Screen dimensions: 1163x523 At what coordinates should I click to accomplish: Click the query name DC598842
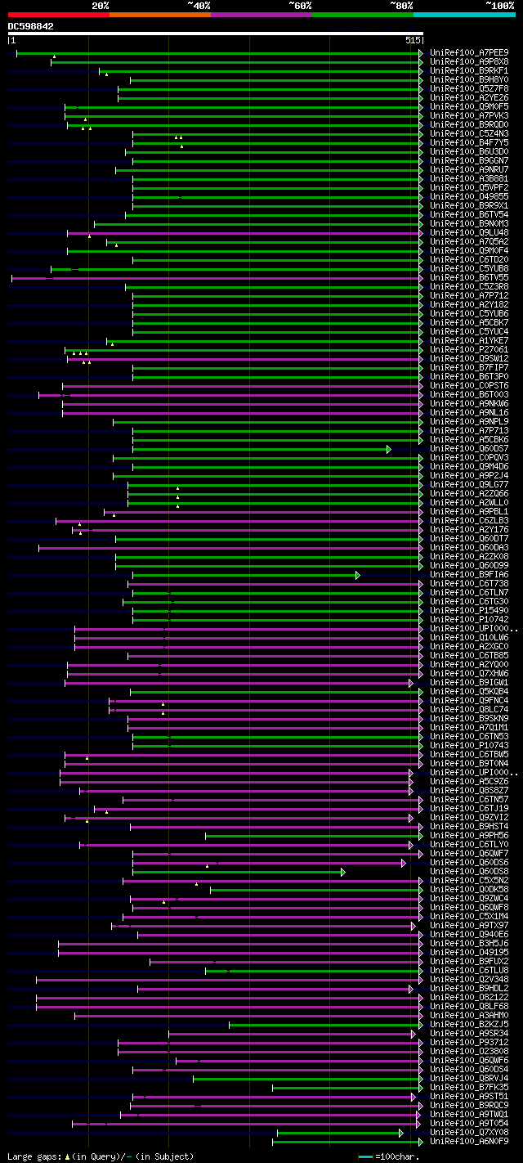31,26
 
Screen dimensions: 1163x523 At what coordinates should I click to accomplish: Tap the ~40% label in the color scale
199,6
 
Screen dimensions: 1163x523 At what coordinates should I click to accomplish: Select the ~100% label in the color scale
500,6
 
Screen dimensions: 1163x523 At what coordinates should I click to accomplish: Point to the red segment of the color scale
57,15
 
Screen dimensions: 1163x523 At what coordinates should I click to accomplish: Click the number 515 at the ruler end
412,40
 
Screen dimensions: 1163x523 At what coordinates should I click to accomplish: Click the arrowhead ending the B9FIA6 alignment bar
358,575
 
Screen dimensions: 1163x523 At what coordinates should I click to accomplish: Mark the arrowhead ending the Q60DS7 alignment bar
389,449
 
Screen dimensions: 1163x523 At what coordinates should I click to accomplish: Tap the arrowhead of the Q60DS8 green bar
343,872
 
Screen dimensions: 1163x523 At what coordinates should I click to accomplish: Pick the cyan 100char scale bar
365,1156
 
